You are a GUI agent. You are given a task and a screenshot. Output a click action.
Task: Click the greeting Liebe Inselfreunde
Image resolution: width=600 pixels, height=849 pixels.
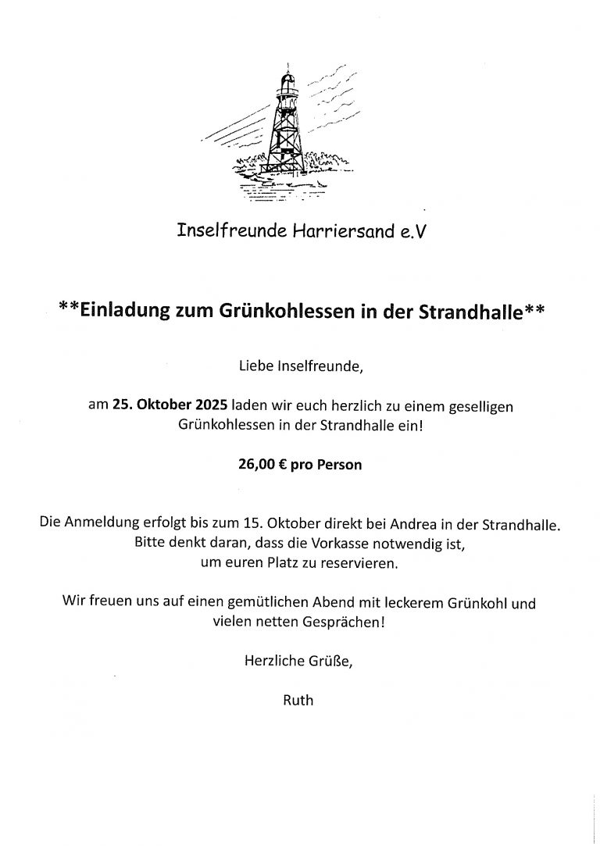pos(299,364)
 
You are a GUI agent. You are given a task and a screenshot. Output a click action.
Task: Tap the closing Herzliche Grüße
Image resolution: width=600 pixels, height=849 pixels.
pos(299,662)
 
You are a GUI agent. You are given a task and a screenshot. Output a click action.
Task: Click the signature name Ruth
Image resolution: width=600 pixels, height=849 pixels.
pos(299,701)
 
